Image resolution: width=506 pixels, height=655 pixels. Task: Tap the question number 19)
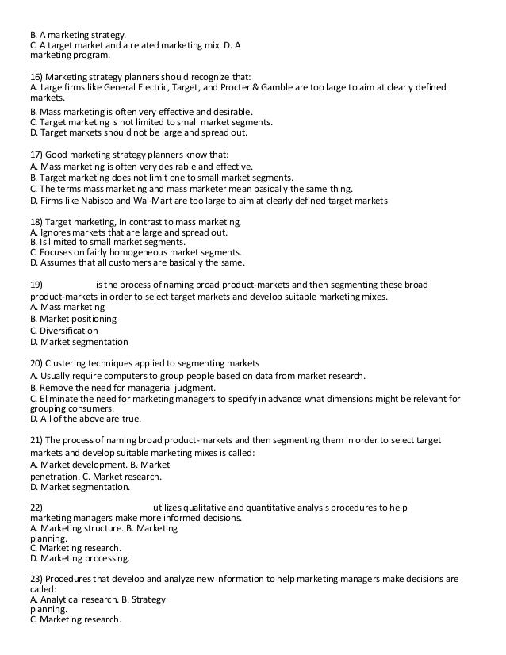click(37, 284)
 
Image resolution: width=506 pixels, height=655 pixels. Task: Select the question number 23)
click(37, 580)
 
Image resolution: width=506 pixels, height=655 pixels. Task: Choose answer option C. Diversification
click(64, 330)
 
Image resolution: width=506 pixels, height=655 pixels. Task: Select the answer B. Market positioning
click(73, 319)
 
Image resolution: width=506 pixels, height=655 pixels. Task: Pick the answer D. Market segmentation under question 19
click(79, 342)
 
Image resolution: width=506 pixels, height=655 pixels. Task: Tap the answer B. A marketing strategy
click(77, 34)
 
